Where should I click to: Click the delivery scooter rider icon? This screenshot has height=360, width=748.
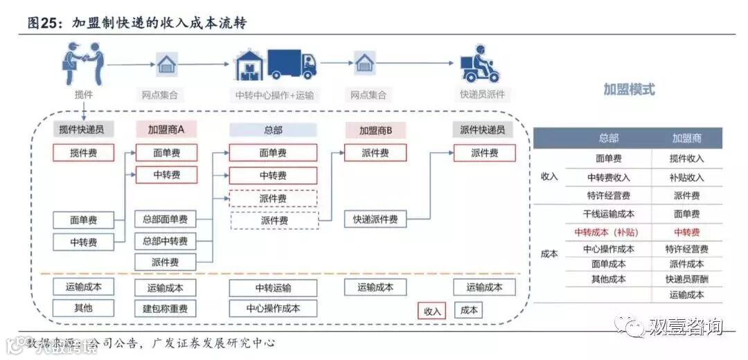pos(479,64)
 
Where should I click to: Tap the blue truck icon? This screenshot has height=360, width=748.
pos(292,64)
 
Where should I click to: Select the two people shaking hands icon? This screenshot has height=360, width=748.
pos(82,63)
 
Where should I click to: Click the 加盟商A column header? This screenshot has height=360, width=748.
pos(166,129)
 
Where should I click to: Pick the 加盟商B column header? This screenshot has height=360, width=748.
pos(375,129)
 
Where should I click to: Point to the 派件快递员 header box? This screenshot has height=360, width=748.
pos(484,129)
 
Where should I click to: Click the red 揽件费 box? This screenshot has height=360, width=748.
pos(83,153)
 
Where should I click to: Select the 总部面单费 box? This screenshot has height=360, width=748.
pos(165,220)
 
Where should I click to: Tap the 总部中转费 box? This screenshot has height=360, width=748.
pos(165,241)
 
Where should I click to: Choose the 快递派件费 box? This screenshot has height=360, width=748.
pos(375,220)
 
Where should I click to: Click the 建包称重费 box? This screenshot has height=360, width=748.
pos(165,308)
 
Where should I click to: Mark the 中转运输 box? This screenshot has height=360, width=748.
pos(273,287)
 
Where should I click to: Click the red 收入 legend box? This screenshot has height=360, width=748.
pos(432,311)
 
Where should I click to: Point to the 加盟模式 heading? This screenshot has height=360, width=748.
pos(628,90)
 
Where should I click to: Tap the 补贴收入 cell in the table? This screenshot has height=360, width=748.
pos(686,177)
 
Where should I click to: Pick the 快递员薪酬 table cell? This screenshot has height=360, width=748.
pos(686,279)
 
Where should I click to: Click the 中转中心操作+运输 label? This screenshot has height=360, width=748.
pos(274,95)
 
